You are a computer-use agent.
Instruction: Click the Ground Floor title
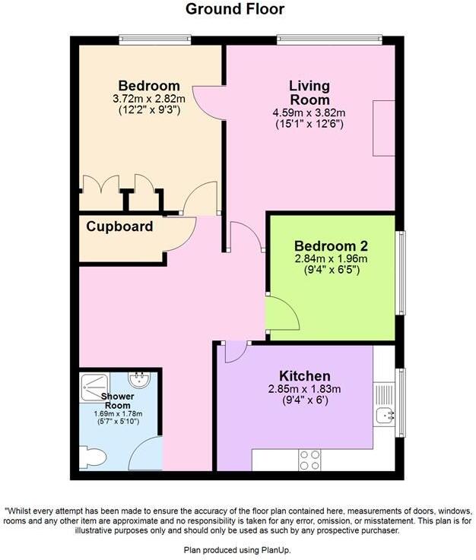235,9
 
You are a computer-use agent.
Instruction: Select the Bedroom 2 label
331,246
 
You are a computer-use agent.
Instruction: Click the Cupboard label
119,226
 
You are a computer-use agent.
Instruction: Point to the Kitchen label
304,376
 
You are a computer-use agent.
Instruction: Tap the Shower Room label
118,401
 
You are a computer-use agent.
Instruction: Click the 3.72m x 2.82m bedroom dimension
149,99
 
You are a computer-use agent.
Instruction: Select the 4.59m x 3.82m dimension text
309,113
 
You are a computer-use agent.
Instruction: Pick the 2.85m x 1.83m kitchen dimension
304,390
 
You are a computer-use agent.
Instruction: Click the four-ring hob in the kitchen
309,460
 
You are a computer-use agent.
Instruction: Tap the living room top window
329,37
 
